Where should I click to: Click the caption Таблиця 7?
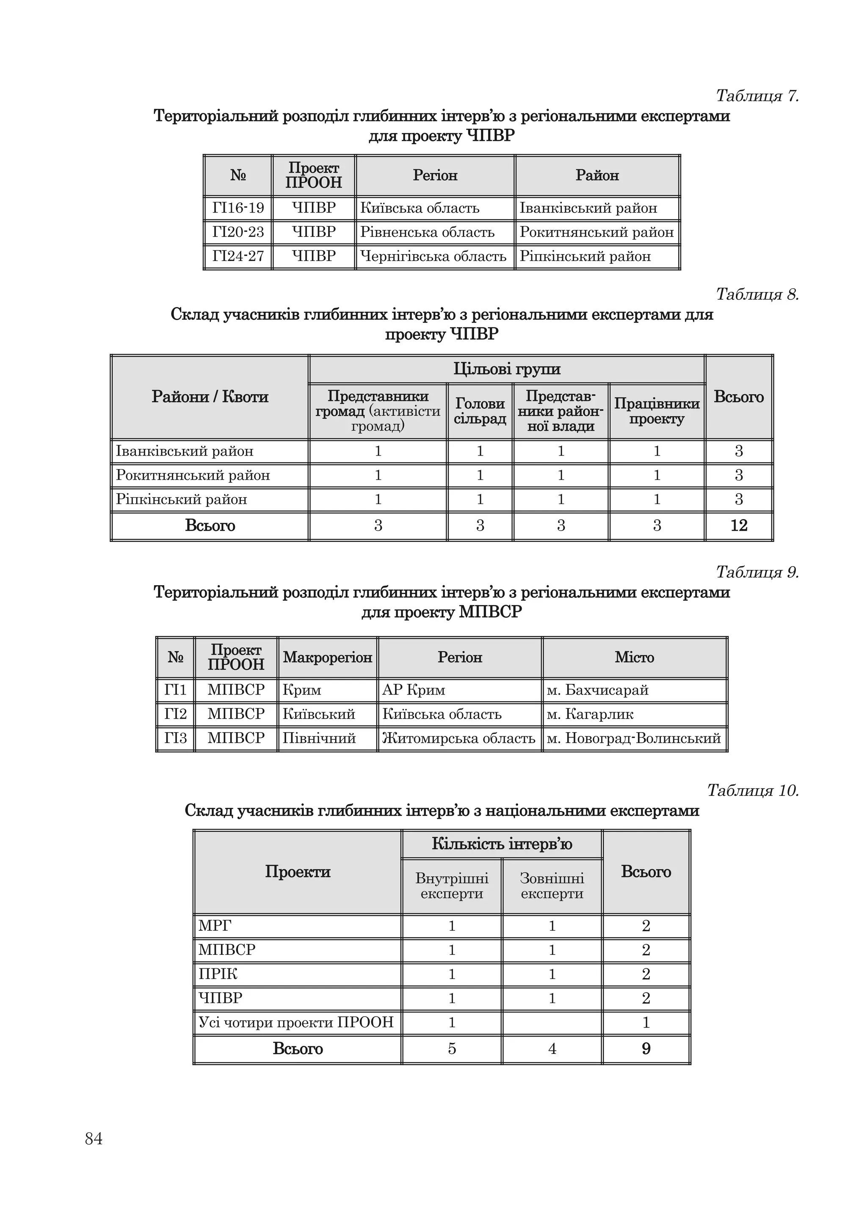tap(757, 96)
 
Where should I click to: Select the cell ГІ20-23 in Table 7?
tap(238, 232)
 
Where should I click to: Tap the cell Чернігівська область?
tap(433, 256)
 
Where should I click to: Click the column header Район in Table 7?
tap(597, 175)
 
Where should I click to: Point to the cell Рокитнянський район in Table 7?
tap(596, 232)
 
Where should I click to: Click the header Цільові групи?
tap(506, 369)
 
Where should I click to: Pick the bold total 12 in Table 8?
tap(738, 525)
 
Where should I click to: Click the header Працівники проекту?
tap(656, 411)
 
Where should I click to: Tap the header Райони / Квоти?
tap(210, 397)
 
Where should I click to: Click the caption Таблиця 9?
tap(757, 572)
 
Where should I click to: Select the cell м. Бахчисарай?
tap(597, 690)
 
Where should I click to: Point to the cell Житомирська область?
tap(458, 738)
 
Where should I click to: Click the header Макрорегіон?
tap(327, 657)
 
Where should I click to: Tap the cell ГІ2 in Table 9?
tap(176, 714)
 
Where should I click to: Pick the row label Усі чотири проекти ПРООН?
tap(296, 1022)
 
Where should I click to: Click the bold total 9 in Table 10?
tap(646, 1048)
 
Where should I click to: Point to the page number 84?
tap(94, 1139)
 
